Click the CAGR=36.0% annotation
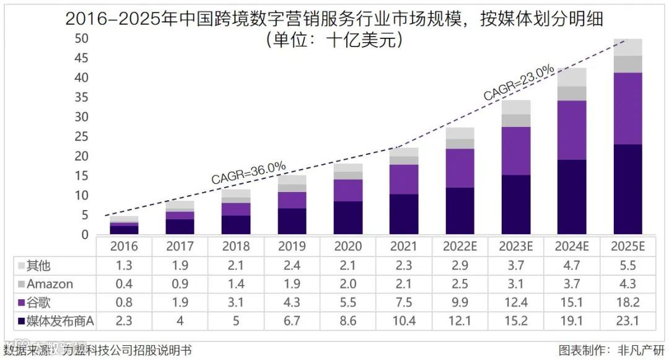[x=249, y=172]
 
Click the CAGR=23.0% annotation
[x=519, y=84]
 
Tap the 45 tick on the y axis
[x=81, y=58]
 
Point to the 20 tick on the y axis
[x=81, y=156]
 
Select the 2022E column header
[x=460, y=247]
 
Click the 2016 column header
[x=124, y=247]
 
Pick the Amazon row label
[x=51, y=284]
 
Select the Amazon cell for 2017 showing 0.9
[x=180, y=284]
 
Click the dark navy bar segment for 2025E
[x=627, y=189]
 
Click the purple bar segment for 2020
[x=348, y=190]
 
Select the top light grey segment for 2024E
[x=572, y=77]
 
